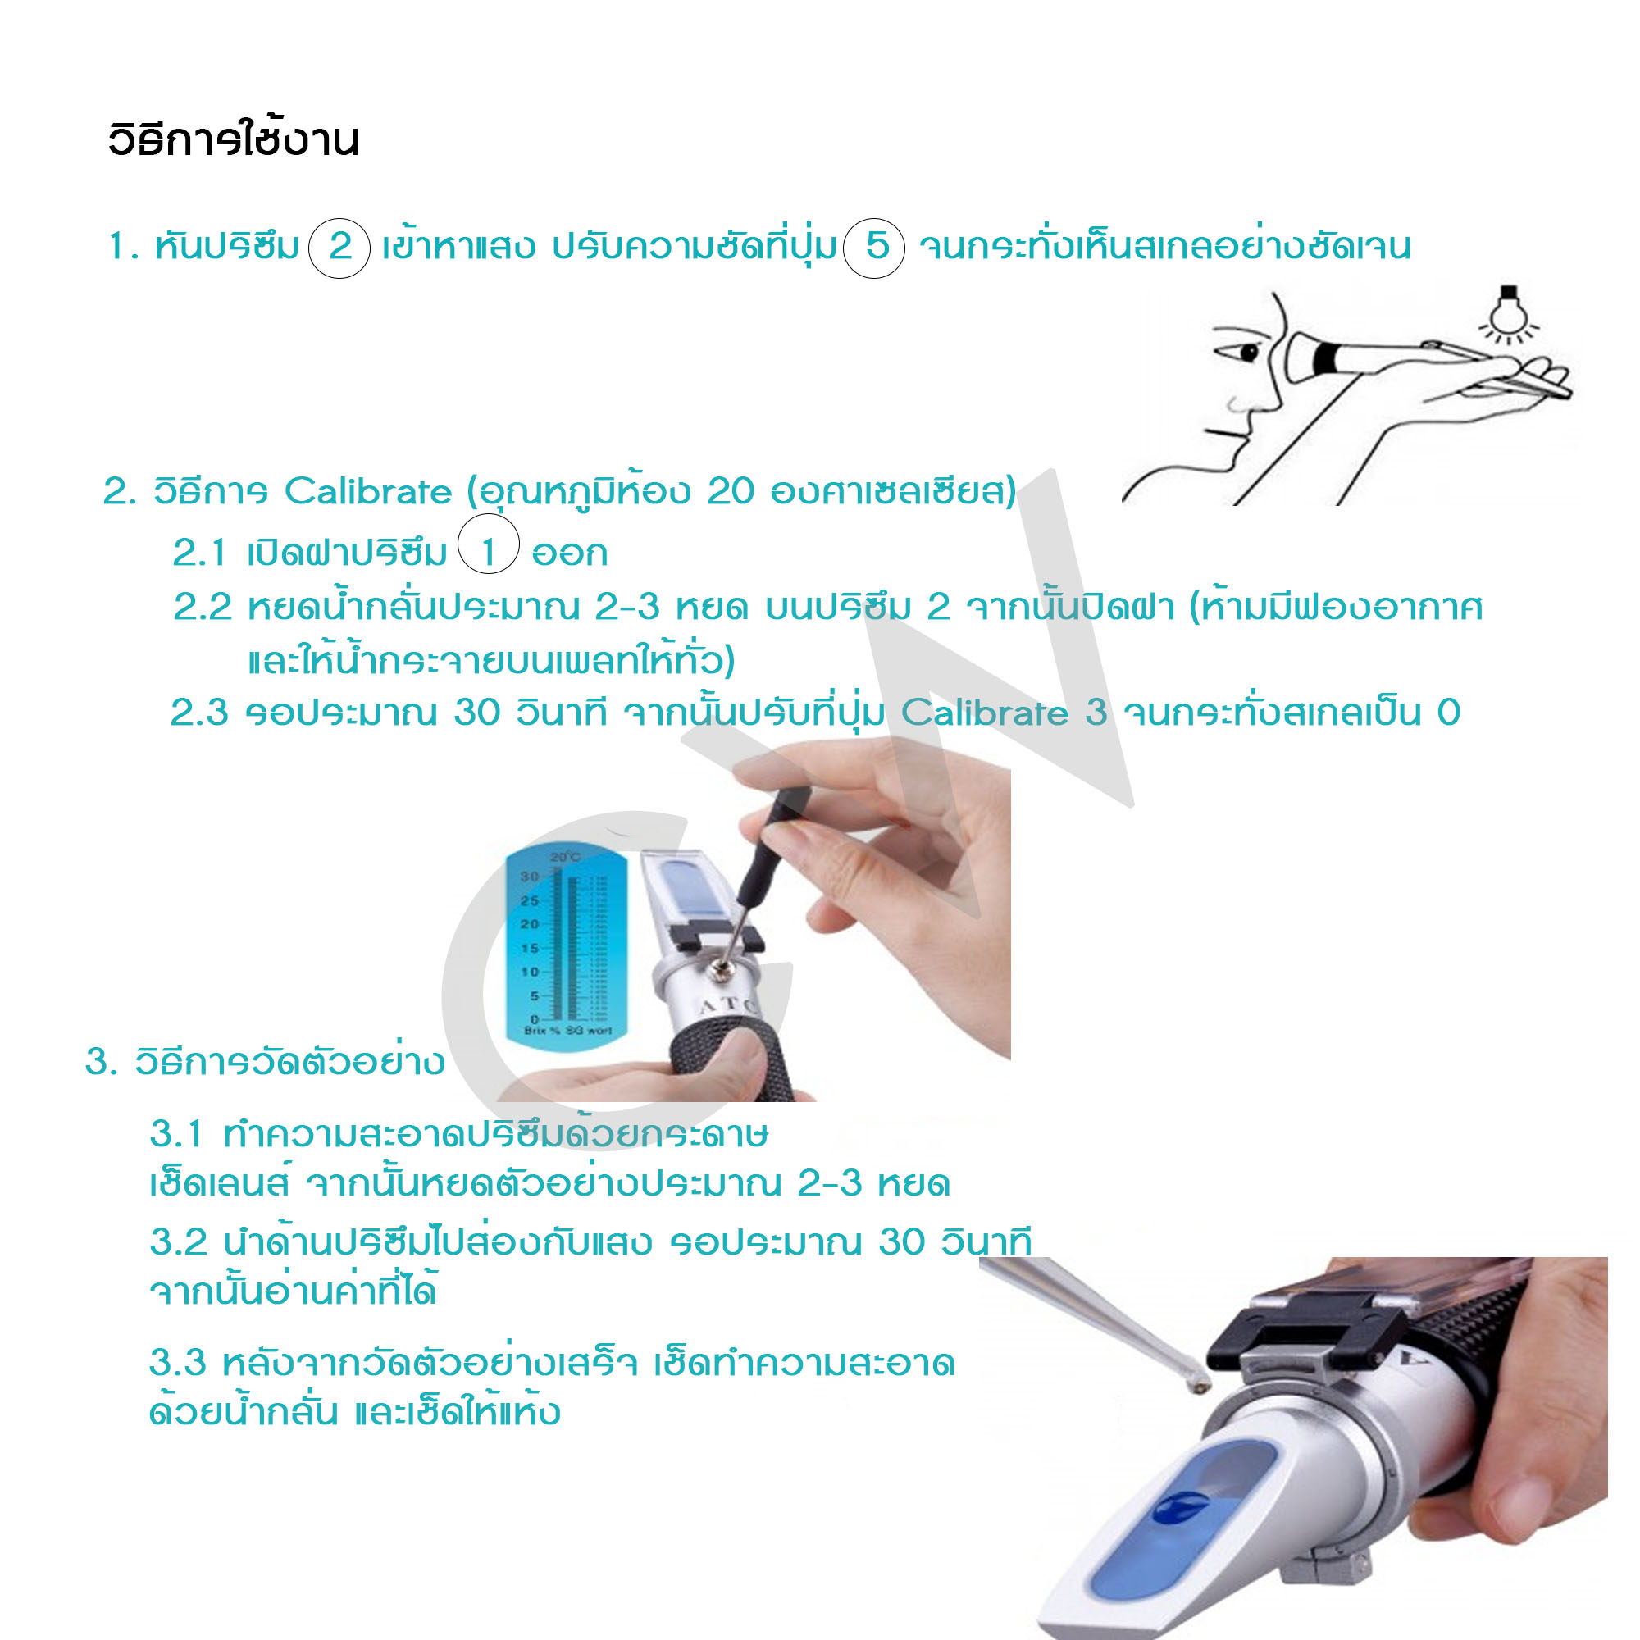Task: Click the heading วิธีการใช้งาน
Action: (234, 140)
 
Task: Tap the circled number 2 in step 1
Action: (339, 247)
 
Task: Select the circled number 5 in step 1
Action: (875, 247)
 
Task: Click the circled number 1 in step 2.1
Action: (488, 553)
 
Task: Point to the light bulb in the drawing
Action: (1508, 312)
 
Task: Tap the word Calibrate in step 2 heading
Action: (367, 491)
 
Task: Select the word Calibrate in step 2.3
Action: (984, 713)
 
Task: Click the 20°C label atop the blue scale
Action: (565, 858)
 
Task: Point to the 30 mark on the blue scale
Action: (530, 876)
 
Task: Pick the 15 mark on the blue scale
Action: (530, 948)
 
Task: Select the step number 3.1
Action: (176, 1134)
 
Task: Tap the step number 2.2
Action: (202, 607)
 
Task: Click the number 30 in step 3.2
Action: (901, 1241)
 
